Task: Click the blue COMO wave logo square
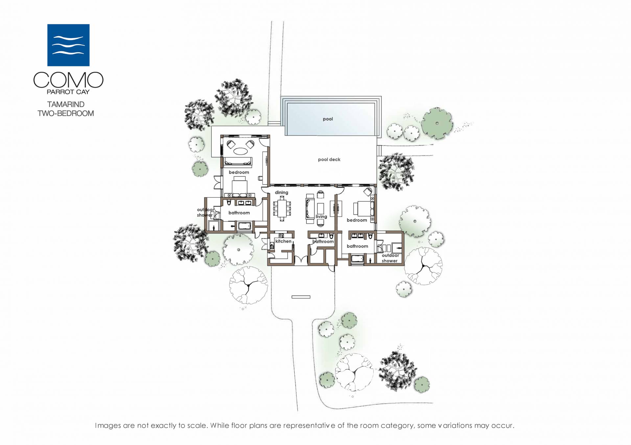pos(68,45)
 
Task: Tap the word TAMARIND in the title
pos(66,104)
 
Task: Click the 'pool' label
pos(328,119)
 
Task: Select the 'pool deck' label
pos(329,159)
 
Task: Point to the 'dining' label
pos(281,193)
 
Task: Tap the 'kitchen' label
pos(283,241)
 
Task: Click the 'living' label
pos(321,217)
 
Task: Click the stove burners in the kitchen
pos(281,235)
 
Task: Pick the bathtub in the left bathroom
pos(244,226)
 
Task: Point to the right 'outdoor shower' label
pos(390,258)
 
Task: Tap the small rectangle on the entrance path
pos(301,297)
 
